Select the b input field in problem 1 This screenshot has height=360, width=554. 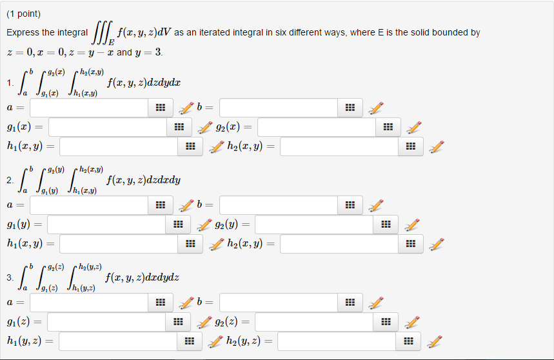tap(278, 108)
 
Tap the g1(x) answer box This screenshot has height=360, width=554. tap(108, 127)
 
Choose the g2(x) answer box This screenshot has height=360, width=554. tap(315, 127)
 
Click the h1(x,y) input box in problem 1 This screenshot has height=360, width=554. tap(118, 147)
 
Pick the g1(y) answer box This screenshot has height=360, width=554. tap(107, 225)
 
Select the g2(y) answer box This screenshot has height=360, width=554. tap(313, 225)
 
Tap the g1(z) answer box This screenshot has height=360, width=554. tap(107, 321)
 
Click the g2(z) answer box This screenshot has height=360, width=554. tap(313, 321)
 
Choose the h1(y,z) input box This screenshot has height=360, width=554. tap(118, 341)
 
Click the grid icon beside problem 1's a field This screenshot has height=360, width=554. tap(160, 108)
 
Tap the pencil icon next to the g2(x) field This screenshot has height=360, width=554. tap(414, 127)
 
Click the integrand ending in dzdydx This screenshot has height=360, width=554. tap(144, 83)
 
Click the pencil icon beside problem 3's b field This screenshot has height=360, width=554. tap(376, 302)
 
